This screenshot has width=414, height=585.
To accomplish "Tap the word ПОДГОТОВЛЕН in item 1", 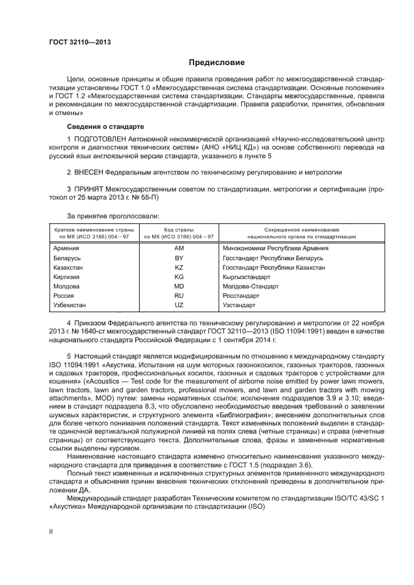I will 101,138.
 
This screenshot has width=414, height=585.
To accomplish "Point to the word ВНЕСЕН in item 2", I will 88,171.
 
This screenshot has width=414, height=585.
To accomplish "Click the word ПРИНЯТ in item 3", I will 88,188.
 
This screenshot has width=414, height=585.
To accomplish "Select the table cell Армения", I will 66,248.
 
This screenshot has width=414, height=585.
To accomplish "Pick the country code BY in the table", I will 179,258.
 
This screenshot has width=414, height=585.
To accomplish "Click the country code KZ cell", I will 179,267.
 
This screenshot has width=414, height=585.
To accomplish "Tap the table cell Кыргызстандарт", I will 246,277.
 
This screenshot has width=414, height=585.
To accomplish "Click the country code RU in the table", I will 179,295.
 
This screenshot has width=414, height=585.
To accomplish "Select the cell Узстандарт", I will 239,305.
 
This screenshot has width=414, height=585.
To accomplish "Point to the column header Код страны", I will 179,230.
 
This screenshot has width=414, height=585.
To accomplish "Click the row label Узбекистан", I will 70,305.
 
